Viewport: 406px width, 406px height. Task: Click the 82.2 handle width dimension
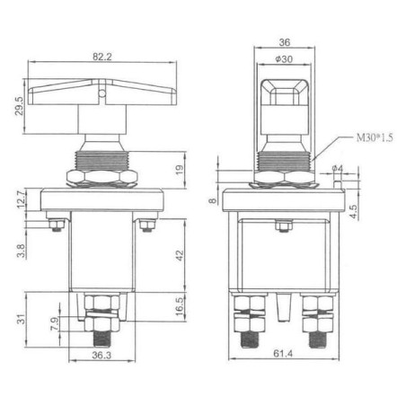tap(101, 57)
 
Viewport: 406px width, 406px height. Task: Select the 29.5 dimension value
tap(19, 106)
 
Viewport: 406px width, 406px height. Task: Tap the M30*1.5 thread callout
tap(375, 137)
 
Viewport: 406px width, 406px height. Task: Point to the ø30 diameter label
tap(284, 59)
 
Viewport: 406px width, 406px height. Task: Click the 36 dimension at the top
tap(285, 42)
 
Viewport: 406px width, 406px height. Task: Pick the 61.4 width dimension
tap(283, 354)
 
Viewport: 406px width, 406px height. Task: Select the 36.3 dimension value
tap(101, 355)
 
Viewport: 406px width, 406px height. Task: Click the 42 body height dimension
tap(180, 255)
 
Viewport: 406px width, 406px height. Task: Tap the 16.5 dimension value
tap(180, 306)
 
